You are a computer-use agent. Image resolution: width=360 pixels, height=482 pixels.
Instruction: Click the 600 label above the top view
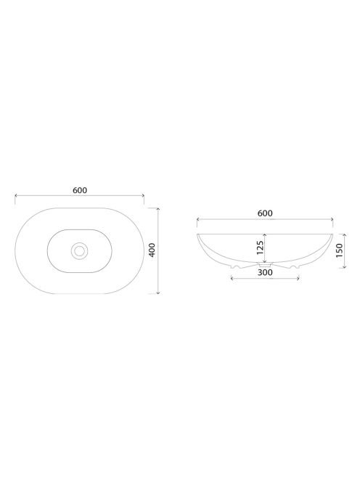click(80, 190)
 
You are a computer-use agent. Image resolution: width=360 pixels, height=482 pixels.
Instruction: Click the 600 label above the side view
click(265, 213)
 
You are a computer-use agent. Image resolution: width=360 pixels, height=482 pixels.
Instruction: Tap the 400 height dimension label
click(152, 250)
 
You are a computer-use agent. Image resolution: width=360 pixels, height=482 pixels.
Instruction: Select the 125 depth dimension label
click(260, 248)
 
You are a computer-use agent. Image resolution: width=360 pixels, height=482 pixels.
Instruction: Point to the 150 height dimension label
click(339, 250)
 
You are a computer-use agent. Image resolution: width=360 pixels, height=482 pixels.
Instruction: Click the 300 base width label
click(265, 272)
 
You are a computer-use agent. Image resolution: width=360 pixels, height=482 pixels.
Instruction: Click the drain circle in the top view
click(80, 251)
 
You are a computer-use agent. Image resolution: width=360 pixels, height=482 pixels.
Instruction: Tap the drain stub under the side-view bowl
click(265, 264)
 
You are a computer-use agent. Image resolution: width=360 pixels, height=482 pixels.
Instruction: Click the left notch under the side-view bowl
click(236, 266)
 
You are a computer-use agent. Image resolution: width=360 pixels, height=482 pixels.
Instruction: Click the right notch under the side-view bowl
click(294, 266)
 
